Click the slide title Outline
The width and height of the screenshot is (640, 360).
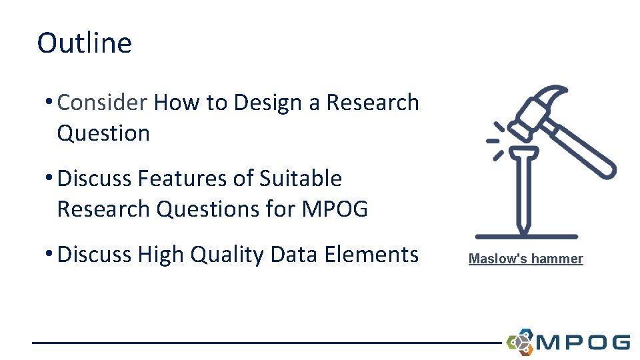click(85, 43)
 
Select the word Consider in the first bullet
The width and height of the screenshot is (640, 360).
click(102, 103)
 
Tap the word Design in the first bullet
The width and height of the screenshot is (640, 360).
click(267, 103)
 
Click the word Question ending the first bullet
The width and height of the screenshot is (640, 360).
click(103, 133)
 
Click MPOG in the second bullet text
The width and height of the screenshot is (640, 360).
click(335, 209)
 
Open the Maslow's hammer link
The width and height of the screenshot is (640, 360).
click(525, 259)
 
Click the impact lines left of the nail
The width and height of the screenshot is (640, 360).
click(496, 141)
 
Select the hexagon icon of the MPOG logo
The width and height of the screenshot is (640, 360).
click(520, 342)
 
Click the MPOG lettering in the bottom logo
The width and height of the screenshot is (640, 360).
click(583, 343)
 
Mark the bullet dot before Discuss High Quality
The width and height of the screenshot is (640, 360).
click(50, 255)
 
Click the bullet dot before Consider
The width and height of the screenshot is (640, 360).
click(50, 103)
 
